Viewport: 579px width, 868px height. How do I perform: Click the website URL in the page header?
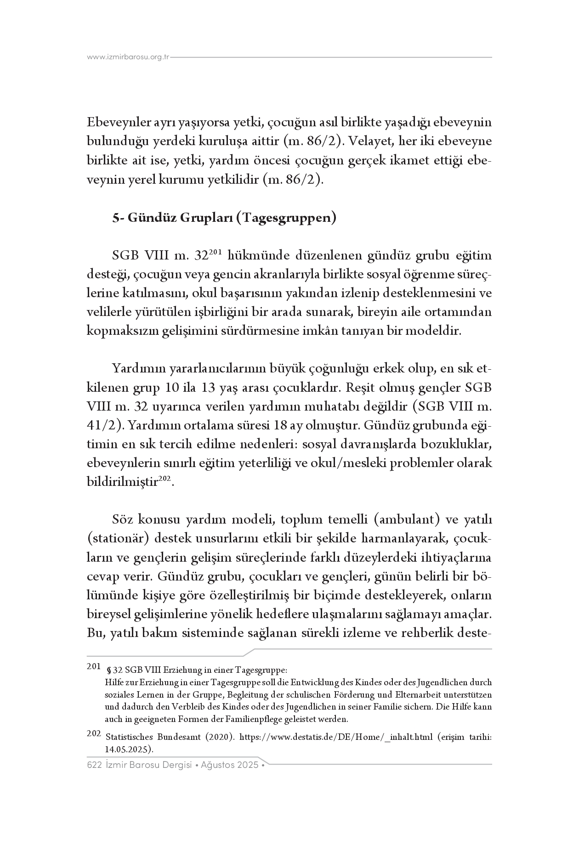tap(128, 57)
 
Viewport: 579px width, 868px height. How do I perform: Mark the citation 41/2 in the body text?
tap(101, 426)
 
